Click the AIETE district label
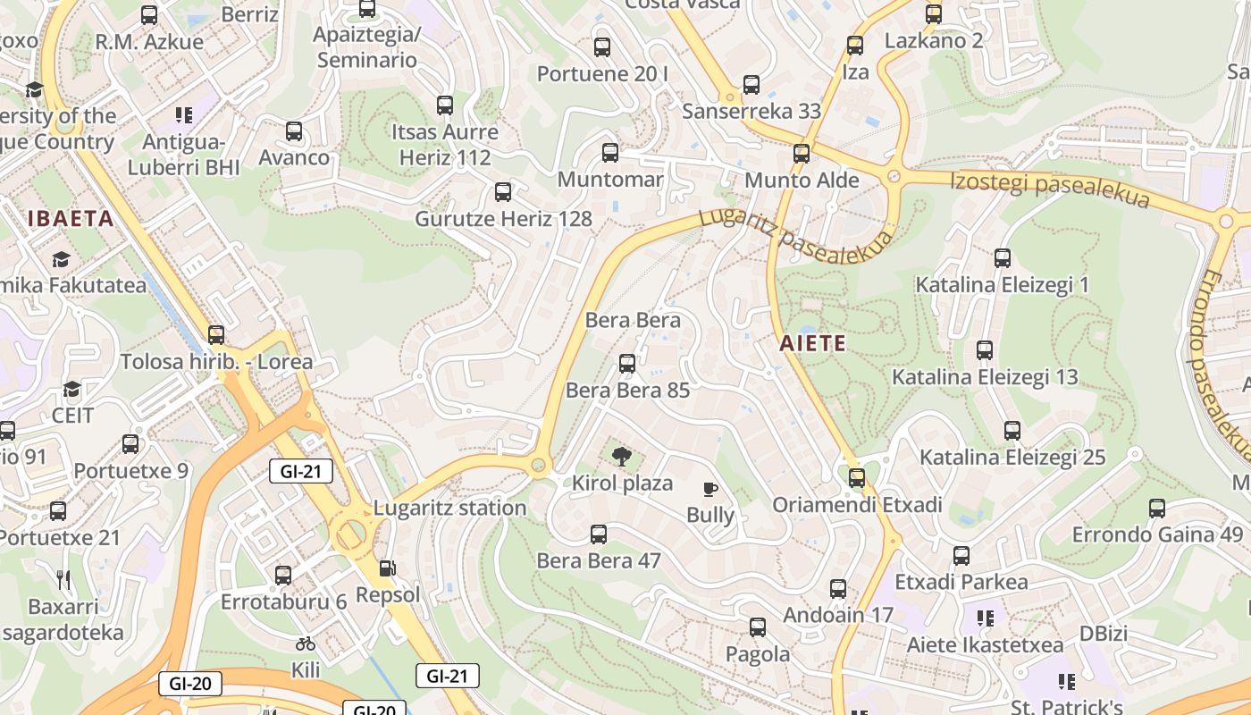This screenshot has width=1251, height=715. coord(811,343)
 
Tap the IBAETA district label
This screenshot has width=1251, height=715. coord(71,219)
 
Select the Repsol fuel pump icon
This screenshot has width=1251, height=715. coord(388,568)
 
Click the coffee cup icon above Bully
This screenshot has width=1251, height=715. coord(710,489)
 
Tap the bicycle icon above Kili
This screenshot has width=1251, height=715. coord(306,643)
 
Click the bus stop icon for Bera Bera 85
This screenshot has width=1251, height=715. coord(627,364)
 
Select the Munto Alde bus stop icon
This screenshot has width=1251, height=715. coord(802,154)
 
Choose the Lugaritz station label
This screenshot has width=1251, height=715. coord(449,508)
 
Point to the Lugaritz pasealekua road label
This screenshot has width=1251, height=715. coord(795,230)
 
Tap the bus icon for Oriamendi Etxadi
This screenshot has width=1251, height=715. coord(857,478)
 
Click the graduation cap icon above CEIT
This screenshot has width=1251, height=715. coord(71,390)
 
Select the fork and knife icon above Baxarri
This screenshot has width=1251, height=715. coord(63,580)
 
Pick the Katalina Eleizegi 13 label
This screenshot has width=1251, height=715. coord(985,377)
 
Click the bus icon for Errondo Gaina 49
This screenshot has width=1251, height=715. coord(1157,509)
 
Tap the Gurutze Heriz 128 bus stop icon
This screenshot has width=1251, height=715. coord(503,192)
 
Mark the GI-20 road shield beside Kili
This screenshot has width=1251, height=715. coord(189,685)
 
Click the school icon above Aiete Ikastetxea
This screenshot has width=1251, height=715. coord(986,618)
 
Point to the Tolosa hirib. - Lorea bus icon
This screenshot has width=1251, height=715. coord(216,335)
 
